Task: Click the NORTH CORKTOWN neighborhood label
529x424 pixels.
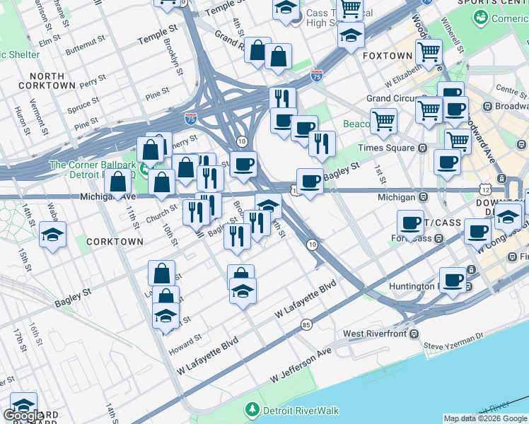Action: point(52,81)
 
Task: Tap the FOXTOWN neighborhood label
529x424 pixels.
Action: point(387,55)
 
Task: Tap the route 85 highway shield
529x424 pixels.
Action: point(306,324)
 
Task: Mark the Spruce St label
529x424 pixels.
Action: point(83,104)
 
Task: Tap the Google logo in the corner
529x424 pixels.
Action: point(23,416)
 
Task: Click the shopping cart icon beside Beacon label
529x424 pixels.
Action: point(383,121)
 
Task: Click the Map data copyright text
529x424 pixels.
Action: point(484,418)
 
